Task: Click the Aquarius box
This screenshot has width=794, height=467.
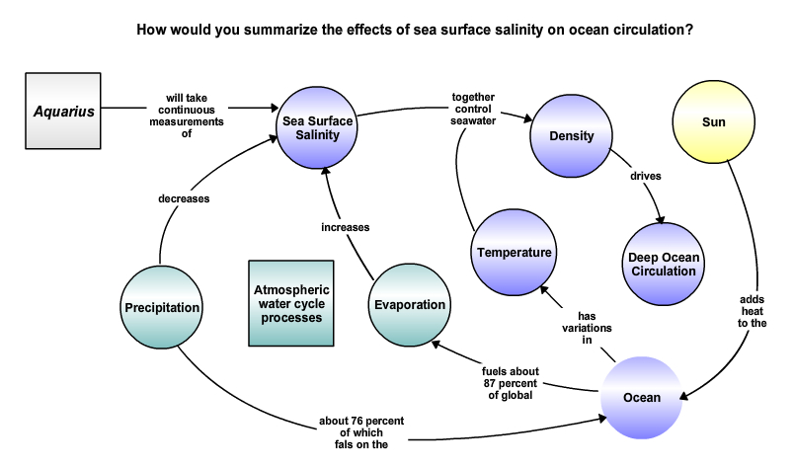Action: (x=63, y=111)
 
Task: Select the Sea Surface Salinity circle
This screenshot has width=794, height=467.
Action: (x=317, y=127)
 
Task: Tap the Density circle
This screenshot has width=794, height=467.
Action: (x=571, y=135)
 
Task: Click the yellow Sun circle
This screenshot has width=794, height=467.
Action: (x=713, y=122)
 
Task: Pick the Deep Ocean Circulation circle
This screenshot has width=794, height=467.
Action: (x=664, y=264)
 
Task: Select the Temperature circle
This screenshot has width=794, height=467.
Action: (x=514, y=252)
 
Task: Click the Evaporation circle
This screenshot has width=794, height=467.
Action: (x=410, y=305)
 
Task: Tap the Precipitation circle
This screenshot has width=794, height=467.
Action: (x=162, y=307)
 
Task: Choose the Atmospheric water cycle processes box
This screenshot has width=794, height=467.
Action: (x=291, y=303)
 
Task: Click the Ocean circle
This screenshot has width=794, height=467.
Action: (x=642, y=398)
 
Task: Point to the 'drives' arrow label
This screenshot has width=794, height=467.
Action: (x=646, y=177)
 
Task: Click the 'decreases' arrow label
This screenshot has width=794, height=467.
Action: (x=184, y=198)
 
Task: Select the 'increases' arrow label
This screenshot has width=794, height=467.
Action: (x=346, y=227)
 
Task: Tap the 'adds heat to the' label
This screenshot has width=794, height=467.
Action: (x=752, y=311)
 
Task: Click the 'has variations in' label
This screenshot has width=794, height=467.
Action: (x=587, y=328)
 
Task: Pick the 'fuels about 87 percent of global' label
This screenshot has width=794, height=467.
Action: (x=511, y=383)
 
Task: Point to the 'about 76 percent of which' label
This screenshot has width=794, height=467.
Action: (x=361, y=427)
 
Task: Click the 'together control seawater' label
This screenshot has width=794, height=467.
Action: (x=473, y=109)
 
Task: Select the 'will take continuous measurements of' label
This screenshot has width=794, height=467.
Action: (x=187, y=116)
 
